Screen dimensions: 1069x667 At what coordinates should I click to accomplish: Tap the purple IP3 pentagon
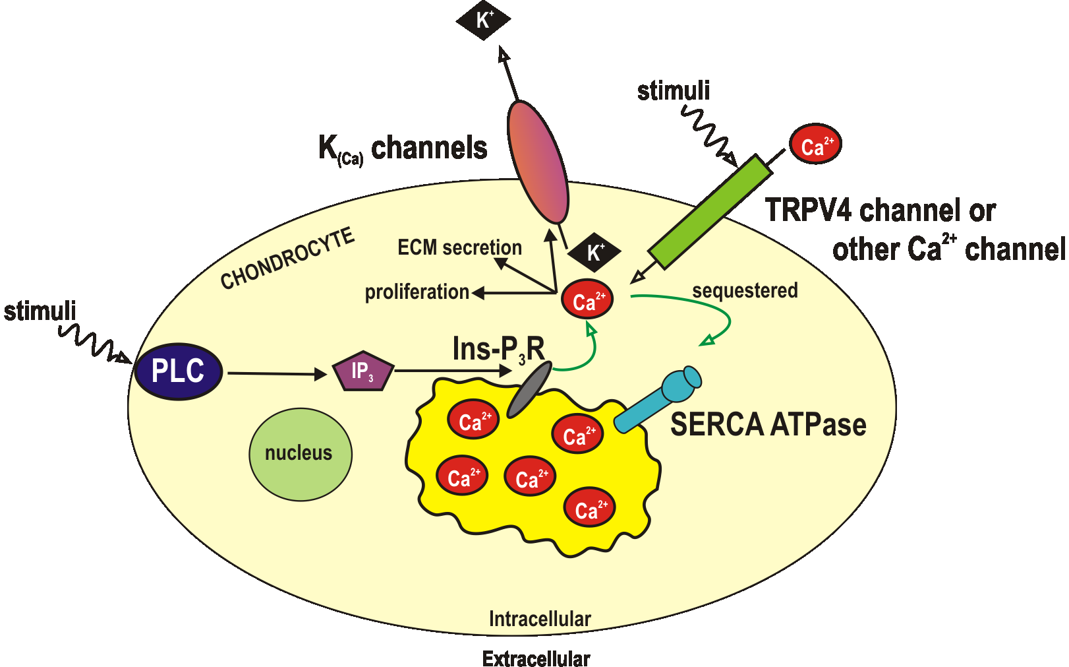point(363,371)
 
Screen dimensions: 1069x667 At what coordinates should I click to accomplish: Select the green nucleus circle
point(301,454)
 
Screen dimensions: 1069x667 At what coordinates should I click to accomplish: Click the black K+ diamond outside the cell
point(484,20)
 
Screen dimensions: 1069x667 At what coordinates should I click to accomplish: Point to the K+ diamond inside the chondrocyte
point(594,252)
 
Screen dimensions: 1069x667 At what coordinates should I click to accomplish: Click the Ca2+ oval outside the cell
point(815,144)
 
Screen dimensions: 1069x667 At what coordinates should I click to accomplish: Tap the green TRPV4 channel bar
point(710,210)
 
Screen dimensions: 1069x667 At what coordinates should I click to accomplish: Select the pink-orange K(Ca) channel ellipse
point(538,162)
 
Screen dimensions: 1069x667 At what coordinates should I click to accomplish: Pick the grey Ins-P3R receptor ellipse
point(529,389)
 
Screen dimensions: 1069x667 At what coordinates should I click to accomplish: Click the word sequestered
point(745,290)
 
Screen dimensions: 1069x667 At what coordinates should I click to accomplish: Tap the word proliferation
point(417,292)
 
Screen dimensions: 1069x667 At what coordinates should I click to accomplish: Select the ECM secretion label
point(459,247)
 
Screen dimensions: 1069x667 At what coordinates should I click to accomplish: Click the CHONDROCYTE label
point(287,259)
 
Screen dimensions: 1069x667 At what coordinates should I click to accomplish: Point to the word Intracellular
point(540,619)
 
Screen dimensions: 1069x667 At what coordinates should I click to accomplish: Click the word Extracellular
point(536,658)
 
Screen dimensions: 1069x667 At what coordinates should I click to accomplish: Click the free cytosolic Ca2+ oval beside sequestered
point(587,299)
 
